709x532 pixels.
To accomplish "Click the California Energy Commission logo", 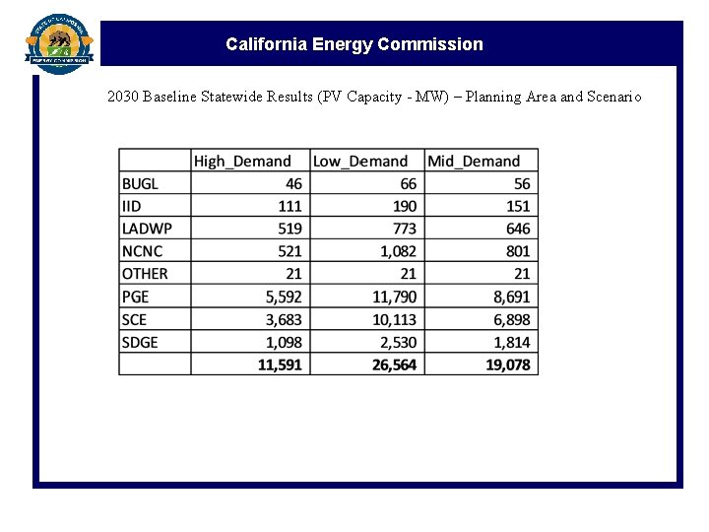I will pyautogui.click(x=59, y=42).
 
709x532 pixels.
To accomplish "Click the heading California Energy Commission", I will pyautogui.click(x=354, y=44).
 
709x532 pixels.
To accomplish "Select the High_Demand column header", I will pyautogui.click(x=242, y=161).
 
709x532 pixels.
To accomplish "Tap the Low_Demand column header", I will pyautogui.click(x=359, y=161).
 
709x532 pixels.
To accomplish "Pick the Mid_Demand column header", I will pyautogui.click(x=474, y=161).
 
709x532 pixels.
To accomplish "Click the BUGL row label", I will pyautogui.click(x=140, y=183).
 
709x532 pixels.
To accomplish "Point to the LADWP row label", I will pyautogui.click(x=147, y=229).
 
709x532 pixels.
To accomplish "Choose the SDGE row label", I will pyautogui.click(x=140, y=342).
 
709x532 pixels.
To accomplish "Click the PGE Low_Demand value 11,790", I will pyautogui.click(x=392, y=297).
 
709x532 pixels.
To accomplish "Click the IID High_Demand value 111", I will pyautogui.click(x=290, y=206).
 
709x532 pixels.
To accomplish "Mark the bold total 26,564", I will pyautogui.click(x=392, y=365).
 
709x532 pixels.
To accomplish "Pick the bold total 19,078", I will pyautogui.click(x=506, y=365).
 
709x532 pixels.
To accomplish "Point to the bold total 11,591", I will pyautogui.click(x=280, y=365).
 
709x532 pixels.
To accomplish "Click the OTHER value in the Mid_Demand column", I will pyautogui.click(x=522, y=274).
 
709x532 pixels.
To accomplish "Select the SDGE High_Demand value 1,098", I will pyautogui.click(x=283, y=342).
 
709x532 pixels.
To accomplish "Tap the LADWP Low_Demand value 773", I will pyautogui.click(x=404, y=229).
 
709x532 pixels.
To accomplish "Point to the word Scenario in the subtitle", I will pyautogui.click(x=614, y=97).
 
